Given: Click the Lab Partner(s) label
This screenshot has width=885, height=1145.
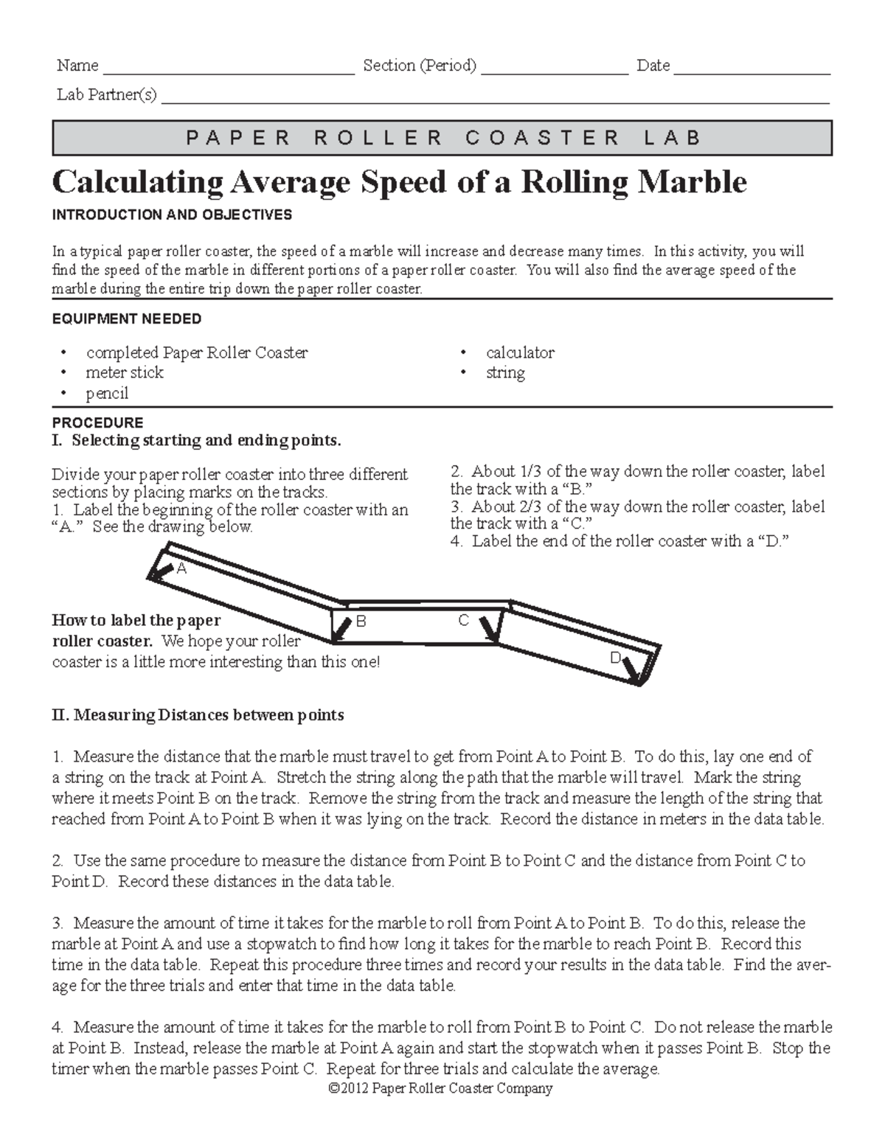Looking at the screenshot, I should click(x=107, y=95).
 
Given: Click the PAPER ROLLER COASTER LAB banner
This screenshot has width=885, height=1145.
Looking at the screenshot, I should click(x=442, y=138).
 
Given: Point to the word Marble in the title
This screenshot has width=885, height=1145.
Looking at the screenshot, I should click(x=692, y=181).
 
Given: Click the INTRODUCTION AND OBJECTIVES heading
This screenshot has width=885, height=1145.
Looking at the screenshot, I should click(x=172, y=215).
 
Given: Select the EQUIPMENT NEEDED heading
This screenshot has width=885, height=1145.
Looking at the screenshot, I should click(x=126, y=319).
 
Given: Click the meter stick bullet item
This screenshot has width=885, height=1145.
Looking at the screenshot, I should click(x=124, y=372).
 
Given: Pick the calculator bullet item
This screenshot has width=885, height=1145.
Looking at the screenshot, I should click(x=520, y=352).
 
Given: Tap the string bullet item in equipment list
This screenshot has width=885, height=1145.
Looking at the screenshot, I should click(x=505, y=372).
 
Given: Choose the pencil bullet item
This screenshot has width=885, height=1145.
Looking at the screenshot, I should click(x=107, y=393).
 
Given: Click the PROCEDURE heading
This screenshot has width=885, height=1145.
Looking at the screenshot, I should click(x=97, y=422).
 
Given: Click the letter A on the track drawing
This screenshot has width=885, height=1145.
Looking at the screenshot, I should click(x=181, y=568).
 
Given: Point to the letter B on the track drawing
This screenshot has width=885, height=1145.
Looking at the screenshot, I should click(x=361, y=622).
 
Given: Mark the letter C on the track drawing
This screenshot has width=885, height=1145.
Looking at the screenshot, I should click(x=463, y=621).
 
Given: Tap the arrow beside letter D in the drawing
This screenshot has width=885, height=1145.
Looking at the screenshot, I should click(x=631, y=669).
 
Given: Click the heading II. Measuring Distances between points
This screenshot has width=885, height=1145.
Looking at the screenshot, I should click(x=198, y=714).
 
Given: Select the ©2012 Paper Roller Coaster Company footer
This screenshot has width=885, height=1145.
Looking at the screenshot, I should click(x=440, y=1088).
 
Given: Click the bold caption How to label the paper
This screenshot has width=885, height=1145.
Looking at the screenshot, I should click(x=136, y=620).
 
